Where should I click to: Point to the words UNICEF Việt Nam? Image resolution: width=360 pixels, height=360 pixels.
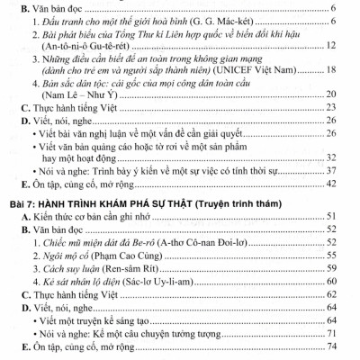(287, 81)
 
